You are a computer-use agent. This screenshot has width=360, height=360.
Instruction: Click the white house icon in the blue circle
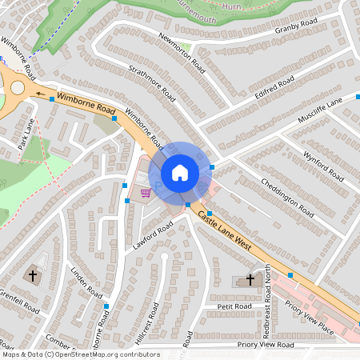point(180,173)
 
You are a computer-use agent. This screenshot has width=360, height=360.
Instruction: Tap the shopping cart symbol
point(146,192)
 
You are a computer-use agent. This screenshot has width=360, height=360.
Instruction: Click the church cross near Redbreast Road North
point(250,280)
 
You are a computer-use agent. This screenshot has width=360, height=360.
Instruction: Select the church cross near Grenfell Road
point(34,276)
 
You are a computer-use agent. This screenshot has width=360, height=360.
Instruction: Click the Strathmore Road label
point(152,82)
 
